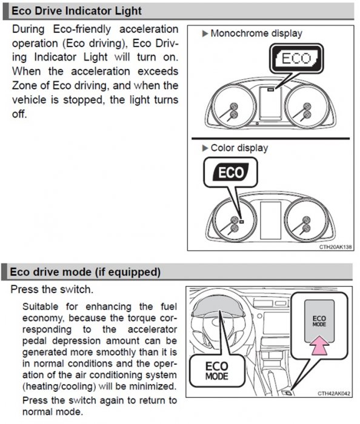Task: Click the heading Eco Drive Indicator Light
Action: pyautogui.click(x=76, y=11)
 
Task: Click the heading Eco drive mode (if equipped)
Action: pyautogui.click(x=85, y=272)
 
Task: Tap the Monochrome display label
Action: pyautogui.click(x=256, y=33)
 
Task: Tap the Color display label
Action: pyautogui.click(x=239, y=148)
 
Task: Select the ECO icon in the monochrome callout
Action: pyautogui.click(x=296, y=58)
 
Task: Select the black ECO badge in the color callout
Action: pyautogui.click(x=231, y=172)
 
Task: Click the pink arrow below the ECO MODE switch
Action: pyautogui.click(x=320, y=345)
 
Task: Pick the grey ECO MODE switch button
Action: pyautogui.click(x=319, y=321)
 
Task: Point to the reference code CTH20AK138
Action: pyautogui.click(x=335, y=247)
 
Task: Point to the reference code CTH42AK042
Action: pyautogui.click(x=334, y=394)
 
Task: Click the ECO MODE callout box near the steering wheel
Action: pyautogui.click(x=217, y=371)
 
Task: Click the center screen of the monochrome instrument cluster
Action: pyautogui.click(x=270, y=104)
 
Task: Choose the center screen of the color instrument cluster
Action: pyautogui.click(x=270, y=220)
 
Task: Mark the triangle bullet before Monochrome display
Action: pyautogui.click(x=205, y=33)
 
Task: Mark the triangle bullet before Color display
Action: pyautogui.click(x=205, y=148)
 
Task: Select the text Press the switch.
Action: pyautogui.click(x=52, y=290)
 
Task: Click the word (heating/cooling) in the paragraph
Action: pyautogui.click(x=59, y=386)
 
